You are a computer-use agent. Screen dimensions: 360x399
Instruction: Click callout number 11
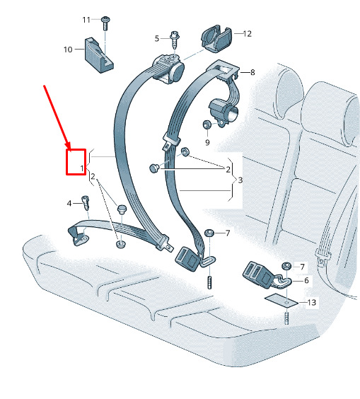(x=86, y=20)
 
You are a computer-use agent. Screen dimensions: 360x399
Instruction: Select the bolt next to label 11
(x=105, y=23)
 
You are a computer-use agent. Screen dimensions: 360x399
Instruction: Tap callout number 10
(x=68, y=50)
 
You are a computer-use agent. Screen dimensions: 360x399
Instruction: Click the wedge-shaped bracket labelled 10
(x=99, y=55)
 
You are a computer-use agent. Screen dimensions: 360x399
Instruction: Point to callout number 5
(x=157, y=38)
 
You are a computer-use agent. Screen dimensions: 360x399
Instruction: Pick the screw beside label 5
(x=175, y=40)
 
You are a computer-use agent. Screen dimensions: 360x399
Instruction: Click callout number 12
(x=248, y=34)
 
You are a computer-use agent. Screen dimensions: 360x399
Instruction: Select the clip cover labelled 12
(x=216, y=38)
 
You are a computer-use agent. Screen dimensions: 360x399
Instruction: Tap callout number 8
(x=252, y=73)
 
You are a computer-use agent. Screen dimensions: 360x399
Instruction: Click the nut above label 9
(x=206, y=125)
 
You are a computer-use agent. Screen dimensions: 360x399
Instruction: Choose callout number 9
(x=207, y=142)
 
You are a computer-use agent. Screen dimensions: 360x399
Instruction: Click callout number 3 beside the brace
(x=240, y=180)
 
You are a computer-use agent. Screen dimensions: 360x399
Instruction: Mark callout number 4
(x=69, y=203)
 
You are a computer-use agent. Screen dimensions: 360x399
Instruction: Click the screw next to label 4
(x=86, y=203)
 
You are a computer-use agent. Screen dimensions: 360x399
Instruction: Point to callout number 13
(x=312, y=302)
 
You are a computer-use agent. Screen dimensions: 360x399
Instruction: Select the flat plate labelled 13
(x=281, y=301)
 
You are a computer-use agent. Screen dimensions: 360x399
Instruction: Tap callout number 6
(x=306, y=280)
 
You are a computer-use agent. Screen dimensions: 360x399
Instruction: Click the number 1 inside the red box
(x=82, y=168)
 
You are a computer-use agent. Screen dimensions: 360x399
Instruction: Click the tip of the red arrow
(x=70, y=149)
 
